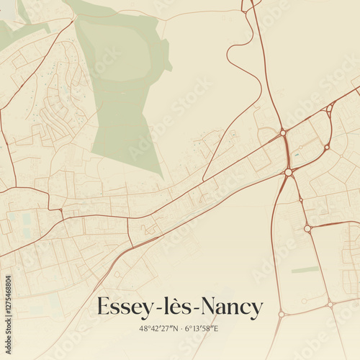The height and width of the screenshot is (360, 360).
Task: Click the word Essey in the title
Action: (x=123, y=307)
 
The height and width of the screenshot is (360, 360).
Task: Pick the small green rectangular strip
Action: (x=305, y=270)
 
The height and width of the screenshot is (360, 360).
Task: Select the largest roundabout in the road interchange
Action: (x=289, y=172)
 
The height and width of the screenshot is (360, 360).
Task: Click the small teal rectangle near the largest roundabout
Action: (x=295, y=153)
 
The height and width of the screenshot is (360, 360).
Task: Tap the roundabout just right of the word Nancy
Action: (x=282, y=314)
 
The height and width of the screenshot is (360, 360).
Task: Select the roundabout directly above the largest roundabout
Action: (x=284, y=132)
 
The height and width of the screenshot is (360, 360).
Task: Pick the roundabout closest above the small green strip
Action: (x=307, y=228)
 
